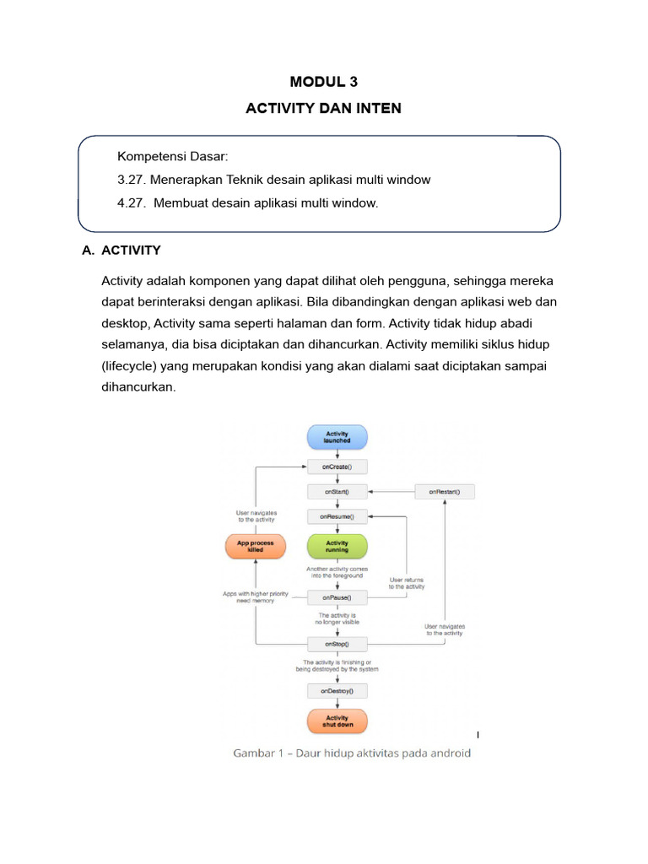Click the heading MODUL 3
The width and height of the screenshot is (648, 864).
pyautogui.click(x=324, y=82)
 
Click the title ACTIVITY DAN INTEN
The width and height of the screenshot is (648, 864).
pyautogui.click(x=324, y=109)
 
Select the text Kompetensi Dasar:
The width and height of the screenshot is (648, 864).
pyautogui.click(x=173, y=156)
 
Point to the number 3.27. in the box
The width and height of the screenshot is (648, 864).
pyautogui.click(x=132, y=180)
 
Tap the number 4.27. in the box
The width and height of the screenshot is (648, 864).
pyautogui.click(x=132, y=203)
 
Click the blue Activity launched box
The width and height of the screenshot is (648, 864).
pyautogui.click(x=337, y=437)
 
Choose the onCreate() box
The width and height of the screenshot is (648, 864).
pyautogui.click(x=337, y=467)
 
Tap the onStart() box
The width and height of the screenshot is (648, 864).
pyautogui.click(x=337, y=491)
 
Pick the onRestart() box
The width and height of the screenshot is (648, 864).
pyautogui.click(x=444, y=491)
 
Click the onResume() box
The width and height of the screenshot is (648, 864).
pyautogui.click(x=337, y=516)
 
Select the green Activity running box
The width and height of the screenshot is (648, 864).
pyautogui.click(x=337, y=547)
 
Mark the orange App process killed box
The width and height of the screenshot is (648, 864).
pyautogui.click(x=256, y=547)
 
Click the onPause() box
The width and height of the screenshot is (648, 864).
pyautogui.click(x=337, y=597)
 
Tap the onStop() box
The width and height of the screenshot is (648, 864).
pyautogui.click(x=337, y=644)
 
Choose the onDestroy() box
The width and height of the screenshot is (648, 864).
pyautogui.click(x=337, y=691)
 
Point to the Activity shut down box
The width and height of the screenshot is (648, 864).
pyautogui.click(x=337, y=721)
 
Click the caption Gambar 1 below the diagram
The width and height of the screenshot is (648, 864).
pyautogui.click(x=352, y=753)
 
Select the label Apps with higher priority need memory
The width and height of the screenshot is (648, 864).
pyautogui.click(x=256, y=597)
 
